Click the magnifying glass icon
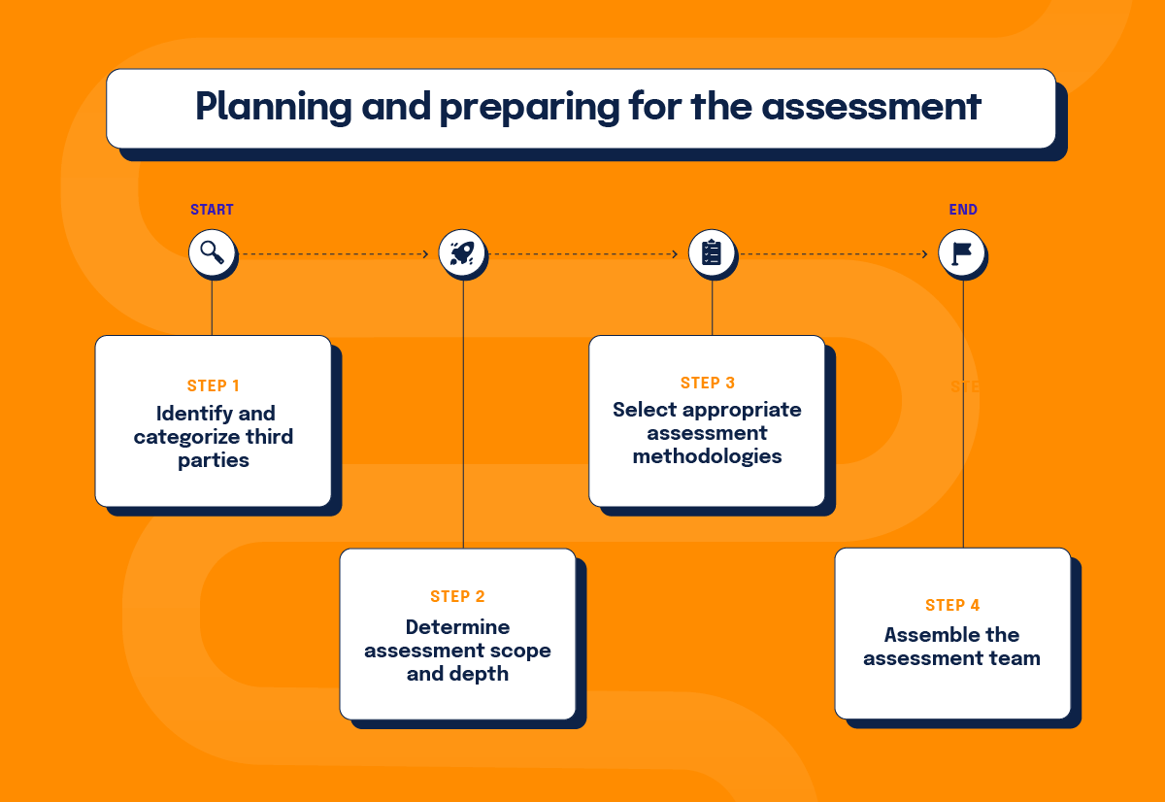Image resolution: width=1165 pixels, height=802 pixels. click(212, 252)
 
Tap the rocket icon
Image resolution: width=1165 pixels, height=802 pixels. click(462, 252)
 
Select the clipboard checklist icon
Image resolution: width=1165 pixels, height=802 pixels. click(712, 252)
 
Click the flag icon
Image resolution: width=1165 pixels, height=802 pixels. click(962, 253)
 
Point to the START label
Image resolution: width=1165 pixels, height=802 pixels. click(212, 210)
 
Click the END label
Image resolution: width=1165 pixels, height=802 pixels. click(963, 210)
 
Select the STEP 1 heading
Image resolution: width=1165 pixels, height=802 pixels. click(214, 385)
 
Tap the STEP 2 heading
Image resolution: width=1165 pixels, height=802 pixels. click(457, 596)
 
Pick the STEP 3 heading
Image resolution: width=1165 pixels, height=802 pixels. click(708, 383)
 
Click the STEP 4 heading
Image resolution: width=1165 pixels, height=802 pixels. click(952, 606)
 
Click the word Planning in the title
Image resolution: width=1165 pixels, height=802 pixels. click(274, 107)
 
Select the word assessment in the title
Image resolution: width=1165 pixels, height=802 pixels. click(871, 108)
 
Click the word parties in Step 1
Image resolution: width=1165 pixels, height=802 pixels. click(214, 461)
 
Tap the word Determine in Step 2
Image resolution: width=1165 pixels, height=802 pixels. click(457, 627)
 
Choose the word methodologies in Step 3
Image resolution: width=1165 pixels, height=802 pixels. click(708, 456)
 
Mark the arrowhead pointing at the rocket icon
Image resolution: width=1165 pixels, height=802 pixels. click(426, 254)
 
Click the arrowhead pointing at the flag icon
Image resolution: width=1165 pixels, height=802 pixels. click(924, 254)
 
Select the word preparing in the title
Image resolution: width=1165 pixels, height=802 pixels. click(529, 108)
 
